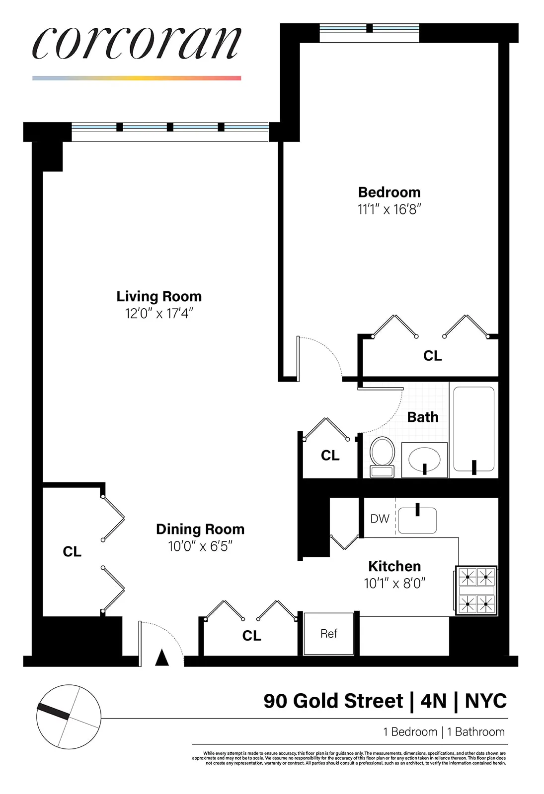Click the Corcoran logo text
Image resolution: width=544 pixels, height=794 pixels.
click(x=137, y=43)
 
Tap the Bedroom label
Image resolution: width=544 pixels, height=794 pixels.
click(x=389, y=192)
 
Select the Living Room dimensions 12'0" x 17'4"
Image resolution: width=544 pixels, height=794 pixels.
click(x=158, y=314)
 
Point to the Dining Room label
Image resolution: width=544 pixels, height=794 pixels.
click(x=200, y=529)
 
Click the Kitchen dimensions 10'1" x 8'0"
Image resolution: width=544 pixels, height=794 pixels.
click(x=394, y=583)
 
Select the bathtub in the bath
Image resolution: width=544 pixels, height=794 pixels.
click(x=473, y=429)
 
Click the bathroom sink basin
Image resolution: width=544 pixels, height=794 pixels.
click(x=424, y=460)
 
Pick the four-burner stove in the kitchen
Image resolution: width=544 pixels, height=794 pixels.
click(x=476, y=591)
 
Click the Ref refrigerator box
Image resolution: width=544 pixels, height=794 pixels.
click(x=328, y=634)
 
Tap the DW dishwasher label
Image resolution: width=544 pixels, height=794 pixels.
click(x=380, y=519)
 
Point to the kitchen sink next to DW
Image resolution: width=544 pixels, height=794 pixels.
click(x=417, y=520)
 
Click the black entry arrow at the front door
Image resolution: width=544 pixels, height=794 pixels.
click(x=162, y=658)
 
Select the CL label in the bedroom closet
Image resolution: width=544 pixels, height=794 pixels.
click(x=432, y=356)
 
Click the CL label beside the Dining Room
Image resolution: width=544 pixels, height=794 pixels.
click(x=72, y=551)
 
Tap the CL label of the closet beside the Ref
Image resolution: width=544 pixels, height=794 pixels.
click(x=251, y=636)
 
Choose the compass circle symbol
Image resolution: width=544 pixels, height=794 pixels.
click(x=69, y=717)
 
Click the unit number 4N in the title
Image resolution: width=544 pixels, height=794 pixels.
click(x=433, y=701)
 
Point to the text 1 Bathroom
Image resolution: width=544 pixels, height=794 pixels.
click(x=475, y=731)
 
